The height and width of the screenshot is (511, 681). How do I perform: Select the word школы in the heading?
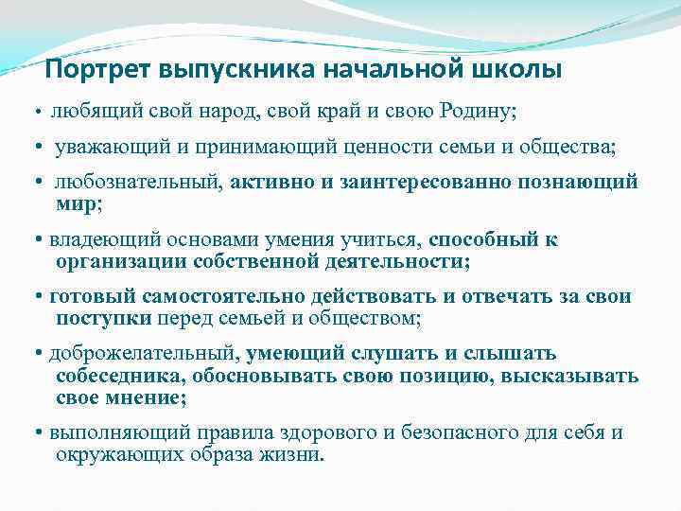tap(517, 71)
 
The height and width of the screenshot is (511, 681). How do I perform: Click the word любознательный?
tap(139, 182)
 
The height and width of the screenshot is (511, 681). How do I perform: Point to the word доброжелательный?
tap(144, 354)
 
